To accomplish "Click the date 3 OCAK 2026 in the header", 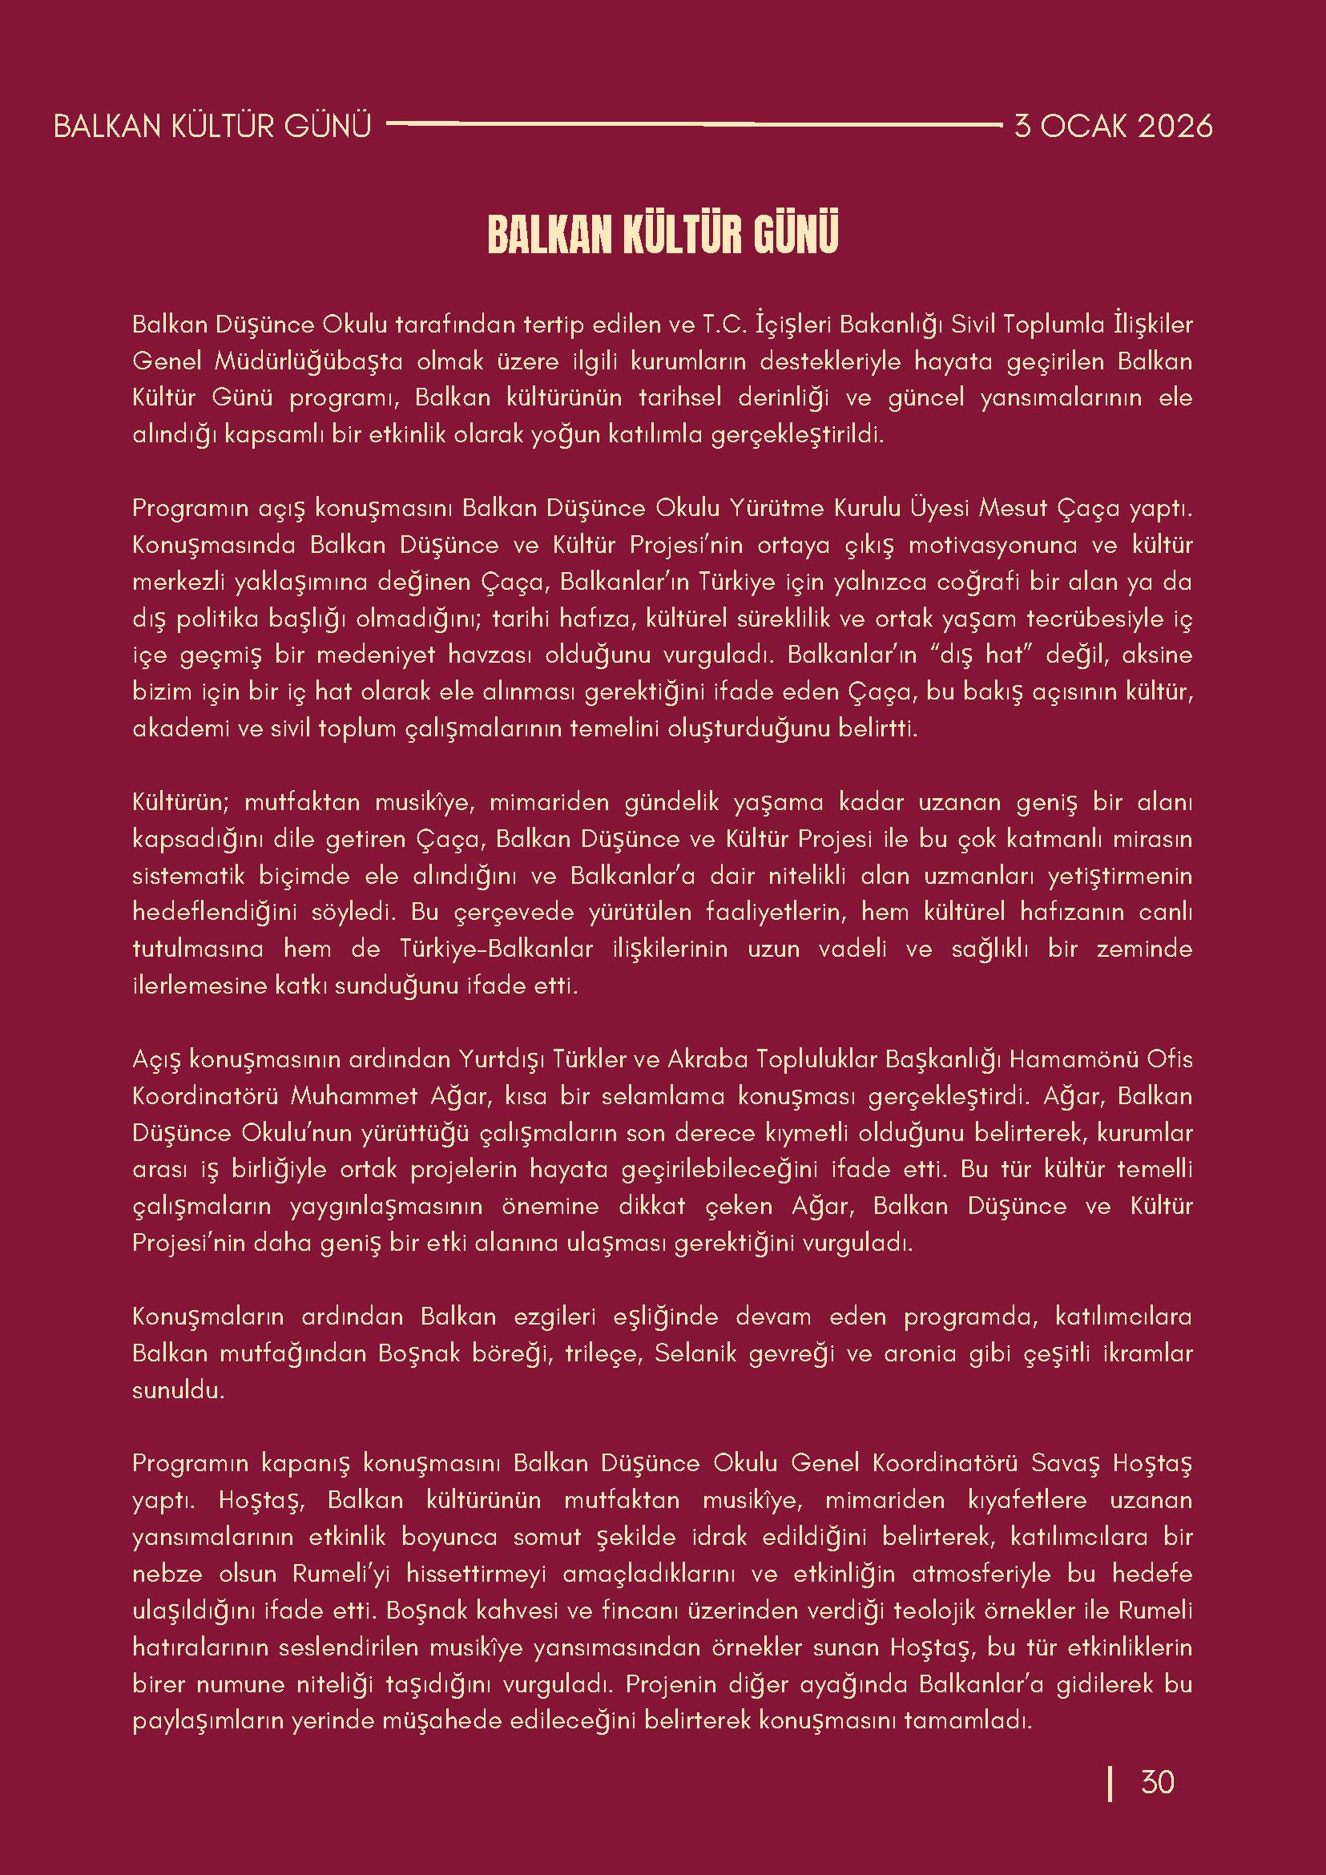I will coord(1113,127).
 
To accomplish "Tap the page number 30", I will coord(1157,1782).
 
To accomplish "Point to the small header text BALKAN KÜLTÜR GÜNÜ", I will coord(212,127).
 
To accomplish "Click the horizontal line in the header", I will coord(694,124).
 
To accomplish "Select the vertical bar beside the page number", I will coord(1110,1783).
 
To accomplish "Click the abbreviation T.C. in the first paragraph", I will coord(725,325).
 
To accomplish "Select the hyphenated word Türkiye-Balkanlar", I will coord(497,950).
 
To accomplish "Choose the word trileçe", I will coord(604,1354).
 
